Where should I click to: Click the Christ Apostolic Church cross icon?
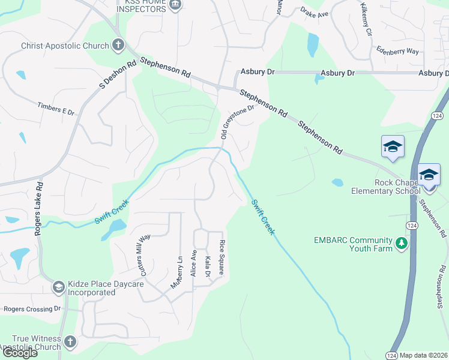click(118, 45)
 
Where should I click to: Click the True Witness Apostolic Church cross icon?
click(70, 342)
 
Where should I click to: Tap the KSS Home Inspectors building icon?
click(175, 5)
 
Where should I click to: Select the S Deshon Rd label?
click(112, 75)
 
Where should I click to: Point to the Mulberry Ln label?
click(176, 272)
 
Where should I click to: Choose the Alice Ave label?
click(193, 263)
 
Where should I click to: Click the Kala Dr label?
click(208, 266)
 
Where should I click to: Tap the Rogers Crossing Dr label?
click(32, 309)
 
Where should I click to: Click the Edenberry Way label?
click(397, 51)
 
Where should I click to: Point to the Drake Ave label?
click(315, 13)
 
